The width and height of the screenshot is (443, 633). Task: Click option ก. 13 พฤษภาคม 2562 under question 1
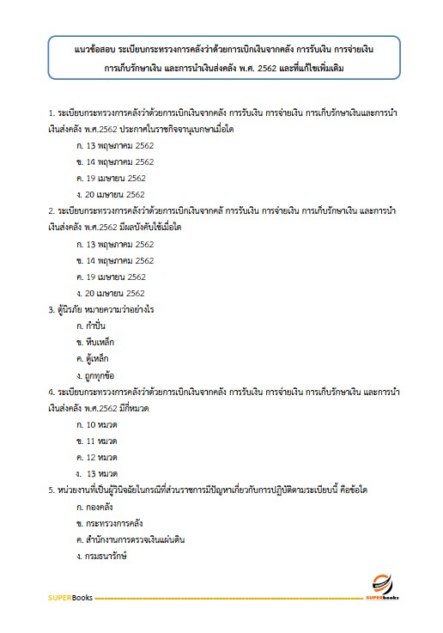(114, 145)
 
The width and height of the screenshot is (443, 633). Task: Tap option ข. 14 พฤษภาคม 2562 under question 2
(114, 260)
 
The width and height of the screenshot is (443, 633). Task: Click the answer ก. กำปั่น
(94, 326)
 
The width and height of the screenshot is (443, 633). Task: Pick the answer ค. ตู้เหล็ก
(96, 358)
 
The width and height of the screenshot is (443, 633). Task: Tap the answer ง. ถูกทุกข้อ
(99, 375)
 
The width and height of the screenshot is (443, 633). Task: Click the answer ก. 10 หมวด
(96, 424)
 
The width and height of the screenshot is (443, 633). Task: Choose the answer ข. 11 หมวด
(96, 441)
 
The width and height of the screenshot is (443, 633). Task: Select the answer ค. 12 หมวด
(96, 457)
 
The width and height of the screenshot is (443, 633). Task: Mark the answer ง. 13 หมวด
(97, 473)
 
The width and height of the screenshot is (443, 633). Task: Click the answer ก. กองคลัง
(97, 507)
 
